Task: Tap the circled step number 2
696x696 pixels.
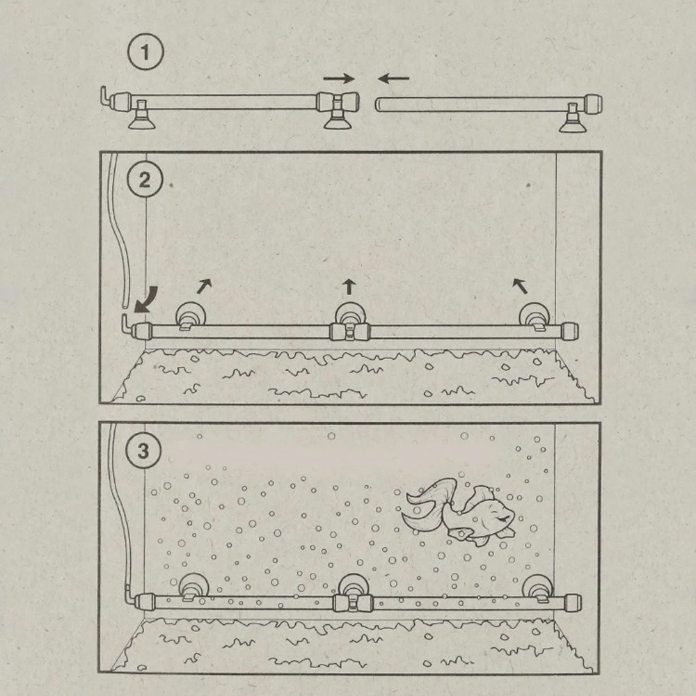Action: pyautogui.click(x=144, y=180)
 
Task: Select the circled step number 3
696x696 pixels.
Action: pyautogui.click(x=143, y=451)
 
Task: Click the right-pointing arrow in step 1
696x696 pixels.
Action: pyautogui.click(x=339, y=79)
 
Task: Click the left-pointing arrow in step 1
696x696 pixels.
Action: pyautogui.click(x=393, y=79)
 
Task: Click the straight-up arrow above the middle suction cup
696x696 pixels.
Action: pyautogui.click(x=349, y=285)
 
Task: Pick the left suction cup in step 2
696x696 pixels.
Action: pyautogui.click(x=187, y=315)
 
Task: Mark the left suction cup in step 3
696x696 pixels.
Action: pyautogui.click(x=189, y=587)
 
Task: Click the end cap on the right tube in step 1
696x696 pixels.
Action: pyautogui.click(x=593, y=104)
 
